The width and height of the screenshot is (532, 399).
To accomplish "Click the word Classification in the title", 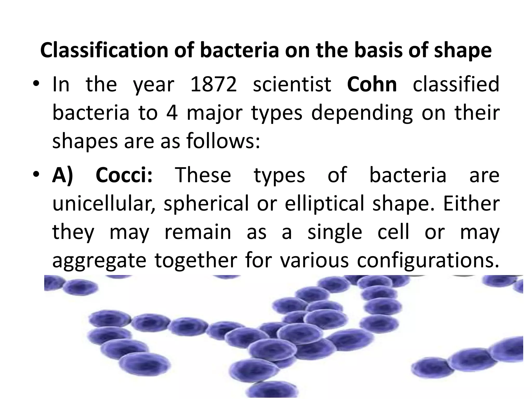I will (x=104, y=50).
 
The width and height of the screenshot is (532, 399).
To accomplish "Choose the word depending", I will (x=362, y=114).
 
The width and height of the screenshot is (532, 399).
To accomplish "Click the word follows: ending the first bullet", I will (x=223, y=142).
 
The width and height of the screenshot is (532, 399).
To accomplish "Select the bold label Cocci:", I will (x=124, y=175).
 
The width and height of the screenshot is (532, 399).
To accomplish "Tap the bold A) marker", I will (x=63, y=175).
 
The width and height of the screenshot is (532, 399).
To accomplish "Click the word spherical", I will (x=207, y=204).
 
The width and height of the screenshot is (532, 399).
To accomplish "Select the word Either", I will (x=471, y=203).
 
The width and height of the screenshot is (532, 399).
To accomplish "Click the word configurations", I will (x=428, y=261).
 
